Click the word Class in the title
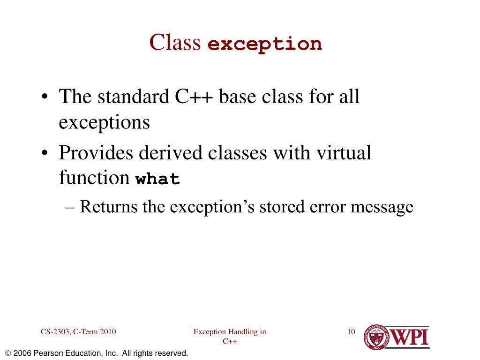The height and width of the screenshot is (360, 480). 175,42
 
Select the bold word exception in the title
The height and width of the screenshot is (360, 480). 265,44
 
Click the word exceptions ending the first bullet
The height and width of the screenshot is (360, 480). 104,122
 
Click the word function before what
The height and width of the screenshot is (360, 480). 94,178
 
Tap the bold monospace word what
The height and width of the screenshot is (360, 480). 157,180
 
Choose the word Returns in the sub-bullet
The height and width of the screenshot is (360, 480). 109,206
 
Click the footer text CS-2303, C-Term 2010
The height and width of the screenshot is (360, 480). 78,332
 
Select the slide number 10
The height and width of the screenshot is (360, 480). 351,332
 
